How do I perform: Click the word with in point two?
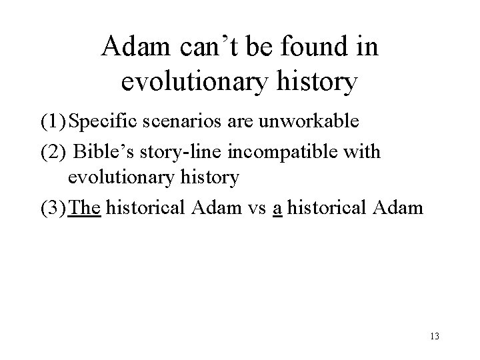click(x=364, y=152)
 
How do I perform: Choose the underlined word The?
click(x=85, y=208)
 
